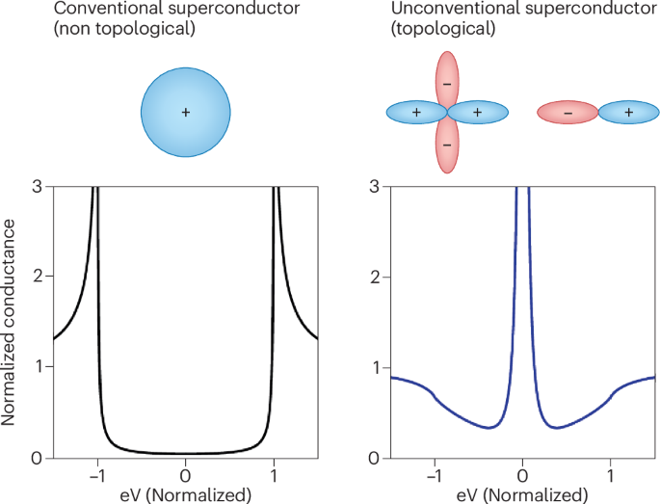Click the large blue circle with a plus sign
click(x=186, y=113)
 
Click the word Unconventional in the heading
click(x=420, y=11)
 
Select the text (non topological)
click(x=106, y=31)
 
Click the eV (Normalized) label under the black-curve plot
click(x=186, y=494)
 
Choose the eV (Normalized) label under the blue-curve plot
click(x=523, y=494)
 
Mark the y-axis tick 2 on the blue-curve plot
click(x=376, y=278)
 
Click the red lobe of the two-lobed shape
click(x=568, y=113)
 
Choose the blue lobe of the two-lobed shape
click(x=628, y=113)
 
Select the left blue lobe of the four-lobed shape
click(x=415, y=113)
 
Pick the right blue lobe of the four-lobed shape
click(x=478, y=113)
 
